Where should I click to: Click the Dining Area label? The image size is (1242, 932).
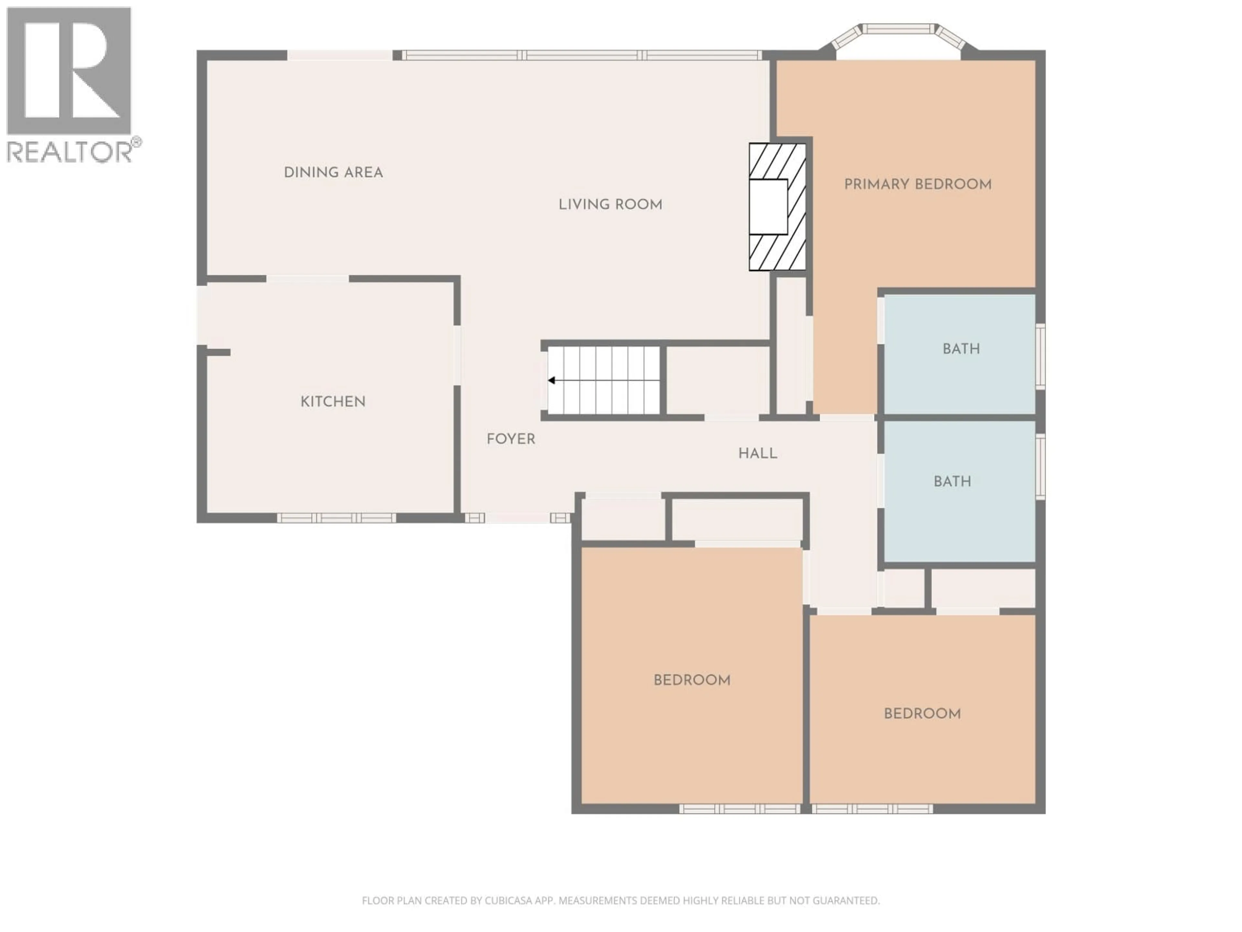click(x=333, y=172)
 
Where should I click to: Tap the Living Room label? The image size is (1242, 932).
click(x=610, y=205)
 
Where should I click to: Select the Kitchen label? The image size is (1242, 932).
click(x=333, y=402)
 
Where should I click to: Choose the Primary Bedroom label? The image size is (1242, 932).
click(x=918, y=184)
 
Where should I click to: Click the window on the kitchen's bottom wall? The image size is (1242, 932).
click(x=336, y=518)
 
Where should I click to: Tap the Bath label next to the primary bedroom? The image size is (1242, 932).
click(x=961, y=349)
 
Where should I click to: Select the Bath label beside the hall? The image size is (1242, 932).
click(x=952, y=482)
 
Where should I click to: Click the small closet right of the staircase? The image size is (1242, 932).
click(x=718, y=380)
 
